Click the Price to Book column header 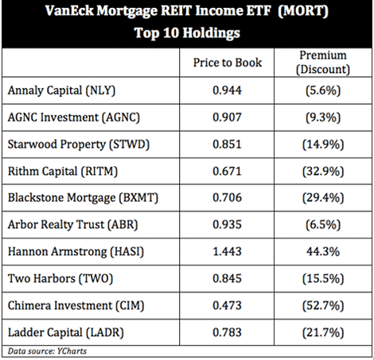pos(228,63)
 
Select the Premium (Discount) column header pos(323,63)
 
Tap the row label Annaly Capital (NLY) pos(61,91)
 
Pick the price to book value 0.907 pos(227,117)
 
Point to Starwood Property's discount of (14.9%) pos(323,145)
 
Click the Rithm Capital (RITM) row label pos(63,171)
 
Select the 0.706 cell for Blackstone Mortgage pos(227,198)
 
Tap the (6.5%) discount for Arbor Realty pos(323,225)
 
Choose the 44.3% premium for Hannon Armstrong pos(323,251)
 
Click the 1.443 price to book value pos(227,251)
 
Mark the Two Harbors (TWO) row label pos(60,279)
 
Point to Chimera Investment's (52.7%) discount pos(323,306)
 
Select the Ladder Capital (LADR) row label pos(66,333)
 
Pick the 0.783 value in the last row pos(227,332)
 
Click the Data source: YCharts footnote pos(47,351)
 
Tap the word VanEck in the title pos(69,11)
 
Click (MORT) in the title pos(303,11)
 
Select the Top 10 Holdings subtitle pos(187,33)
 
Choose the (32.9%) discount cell pos(323,172)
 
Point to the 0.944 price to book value pos(227,91)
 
